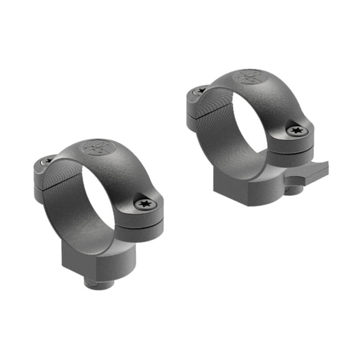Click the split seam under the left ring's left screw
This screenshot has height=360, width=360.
[x=39, y=181]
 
